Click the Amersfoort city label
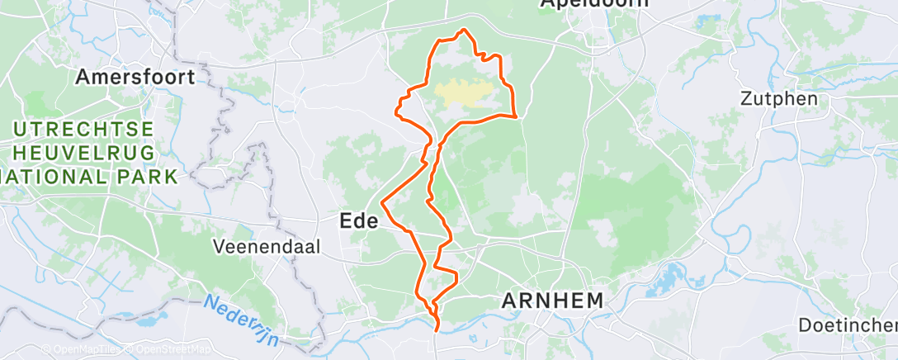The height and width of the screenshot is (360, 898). (x=135, y=77)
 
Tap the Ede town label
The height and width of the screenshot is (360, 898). (x=359, y=220)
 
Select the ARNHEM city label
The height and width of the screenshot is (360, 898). (x=554, y=301)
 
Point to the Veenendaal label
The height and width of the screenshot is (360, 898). (x=254, y=246)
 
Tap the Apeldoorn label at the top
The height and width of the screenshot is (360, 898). (x=594, y=4)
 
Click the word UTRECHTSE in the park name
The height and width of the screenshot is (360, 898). (x=83, y=130)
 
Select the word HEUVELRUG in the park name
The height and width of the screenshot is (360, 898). (x=83, y=153)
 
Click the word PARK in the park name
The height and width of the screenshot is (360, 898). (x=146, y=176)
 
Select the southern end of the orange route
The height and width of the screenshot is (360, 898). (x=436, y=331)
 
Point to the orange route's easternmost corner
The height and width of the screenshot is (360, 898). (x=518, y=116)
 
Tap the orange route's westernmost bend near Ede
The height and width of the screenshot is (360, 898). (x=381, y=201)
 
